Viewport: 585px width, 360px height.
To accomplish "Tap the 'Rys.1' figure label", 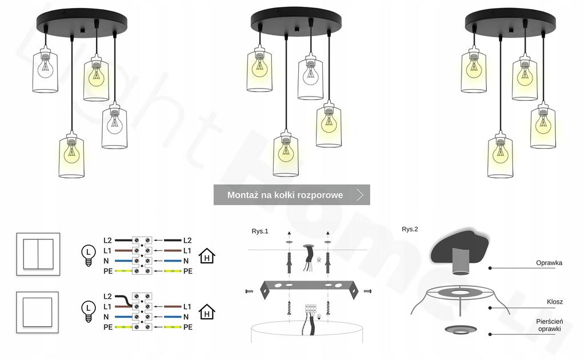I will click(x=260, y=231).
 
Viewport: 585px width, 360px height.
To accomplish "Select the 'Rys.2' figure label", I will click(x=410, y=229).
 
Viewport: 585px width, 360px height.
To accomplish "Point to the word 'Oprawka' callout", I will click(x=549, y=263).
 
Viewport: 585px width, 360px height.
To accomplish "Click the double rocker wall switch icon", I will click(x=38, y=254).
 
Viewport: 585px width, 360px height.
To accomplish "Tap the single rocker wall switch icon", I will click(x=38, y=311).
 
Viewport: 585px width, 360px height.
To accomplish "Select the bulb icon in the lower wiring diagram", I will click(x=88, y=311).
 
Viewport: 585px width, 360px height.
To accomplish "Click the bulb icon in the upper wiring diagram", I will click(x=88, y=255).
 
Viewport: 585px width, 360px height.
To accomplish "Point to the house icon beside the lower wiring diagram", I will click(x=207, y=312).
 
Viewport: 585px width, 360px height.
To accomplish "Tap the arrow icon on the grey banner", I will click(x=359, y=195).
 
